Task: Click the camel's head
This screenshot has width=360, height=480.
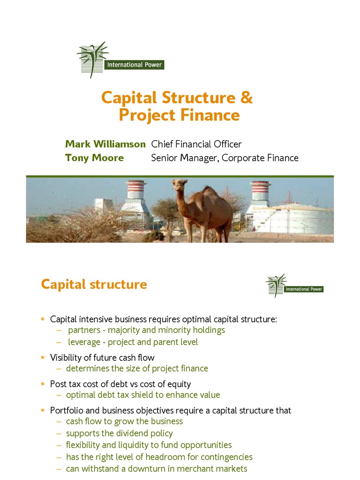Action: click(179, 185)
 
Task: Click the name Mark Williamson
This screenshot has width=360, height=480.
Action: click(105, 144)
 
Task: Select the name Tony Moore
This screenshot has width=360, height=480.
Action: click(94, 158)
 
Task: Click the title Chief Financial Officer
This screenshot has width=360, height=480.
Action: click(196, 144)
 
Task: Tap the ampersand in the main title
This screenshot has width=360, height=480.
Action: click(247, 98)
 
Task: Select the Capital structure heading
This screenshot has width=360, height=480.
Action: click(94, 284)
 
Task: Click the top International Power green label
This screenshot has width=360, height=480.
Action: click(134, 65)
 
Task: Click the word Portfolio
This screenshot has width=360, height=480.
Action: click(67, 411)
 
